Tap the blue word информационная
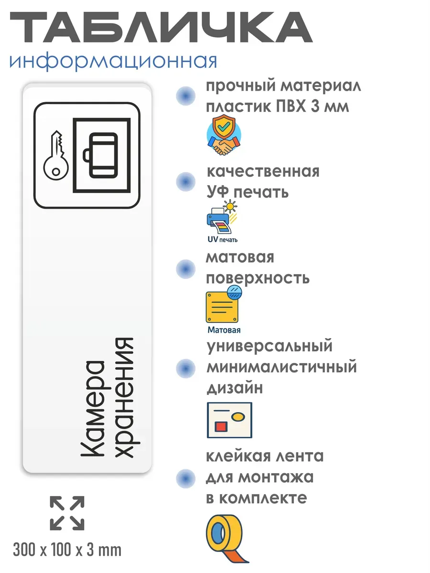[x=113, y=61]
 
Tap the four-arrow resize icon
[x=67, y=513]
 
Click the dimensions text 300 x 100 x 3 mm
[x=67, y=550]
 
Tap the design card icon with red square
[x=229, y=420]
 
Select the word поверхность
[x=258, y=278]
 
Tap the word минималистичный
[x=282, y=367]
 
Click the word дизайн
[x=235, y=388]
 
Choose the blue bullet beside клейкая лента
[x=186, y=477]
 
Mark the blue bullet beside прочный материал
[x=186, y=96]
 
